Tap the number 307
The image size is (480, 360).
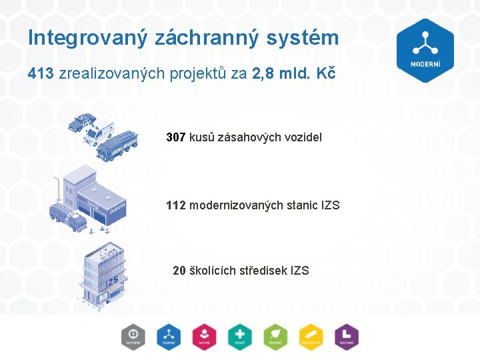point(176,137)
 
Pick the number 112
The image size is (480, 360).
point(176,205)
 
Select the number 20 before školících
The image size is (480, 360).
point(179,271)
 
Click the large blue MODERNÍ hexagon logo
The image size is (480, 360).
point(425,50)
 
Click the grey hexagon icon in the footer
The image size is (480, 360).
point(133,337)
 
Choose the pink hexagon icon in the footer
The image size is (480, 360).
point(204,337)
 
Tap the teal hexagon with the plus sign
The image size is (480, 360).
point(239,337)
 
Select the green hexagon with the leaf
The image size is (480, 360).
point(275,337)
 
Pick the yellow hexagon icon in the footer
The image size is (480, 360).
point(311,337)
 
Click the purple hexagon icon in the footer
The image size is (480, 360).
point(346,337)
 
